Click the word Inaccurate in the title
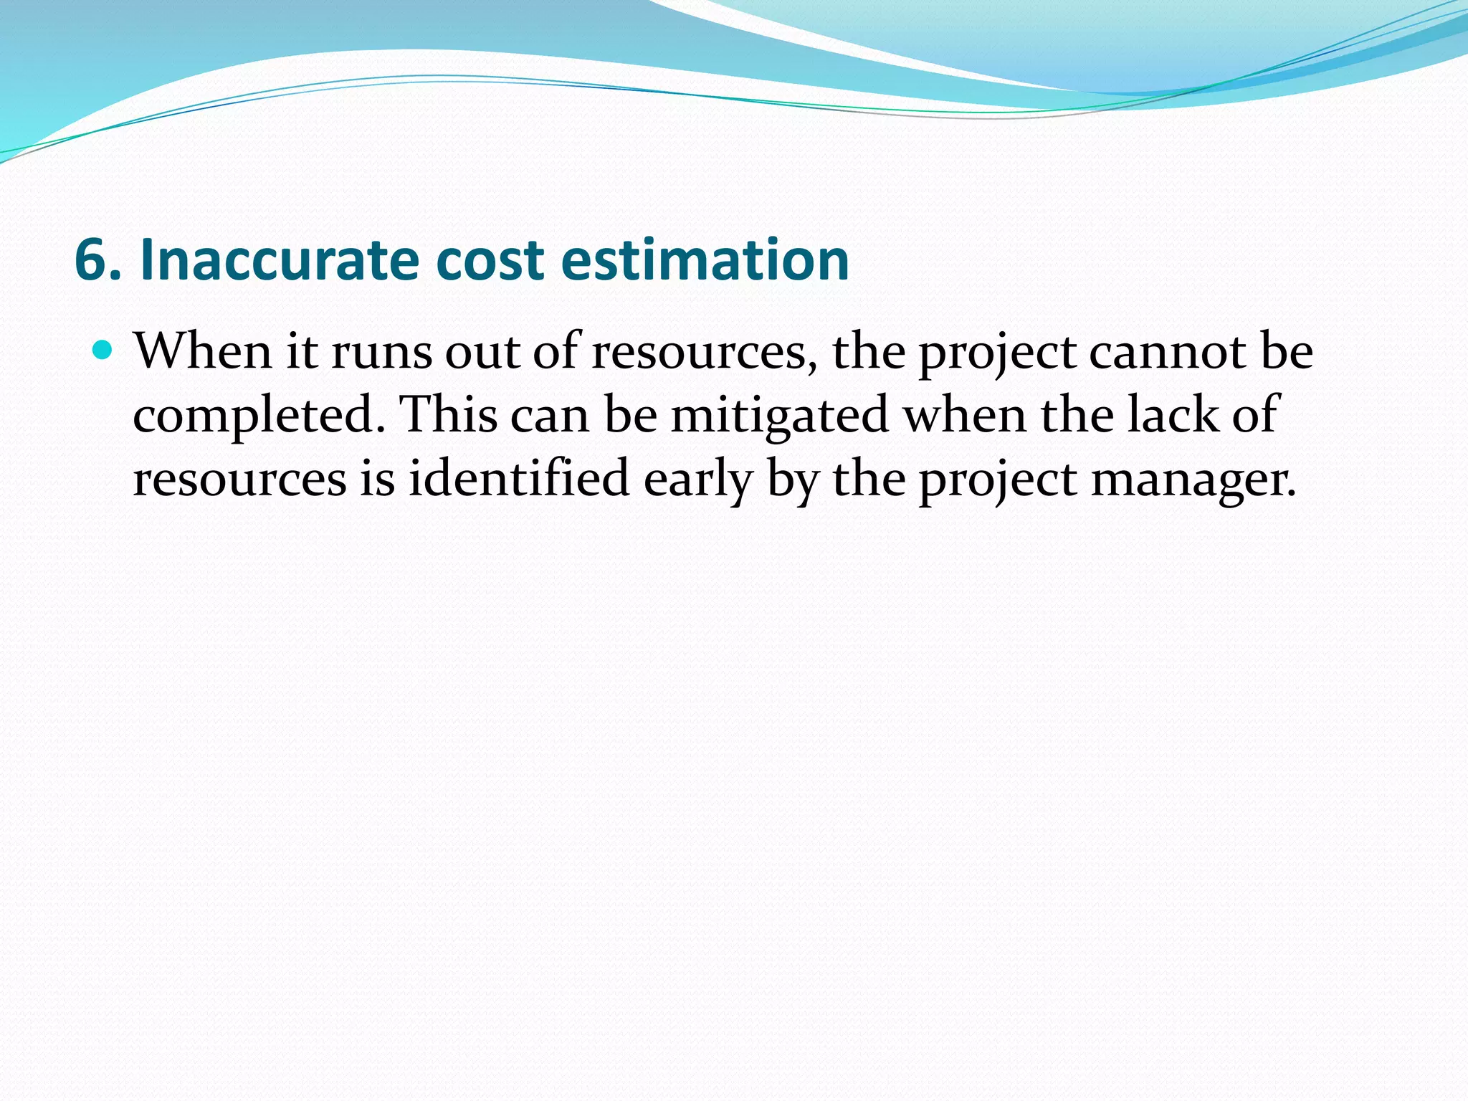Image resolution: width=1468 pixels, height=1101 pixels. click(x=279, y=259)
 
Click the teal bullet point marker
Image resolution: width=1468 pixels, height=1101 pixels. click(x=104, y=351)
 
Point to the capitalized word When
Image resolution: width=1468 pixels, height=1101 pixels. click(x=203, y=352)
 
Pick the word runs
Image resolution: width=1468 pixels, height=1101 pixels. click(x=381, y=353)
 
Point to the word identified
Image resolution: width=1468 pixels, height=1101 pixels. click(x=519, y=478)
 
